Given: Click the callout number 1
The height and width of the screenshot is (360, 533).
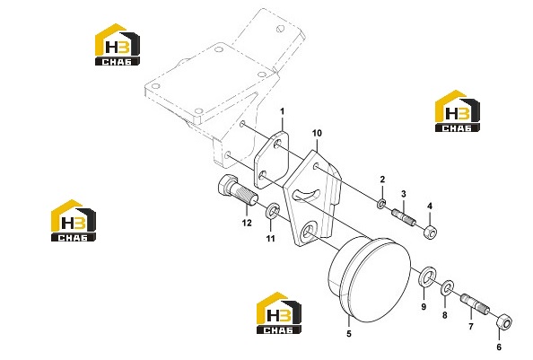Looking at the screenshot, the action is click(x=282, y=111).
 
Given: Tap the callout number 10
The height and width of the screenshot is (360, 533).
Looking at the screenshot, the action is click(x=317, y=133).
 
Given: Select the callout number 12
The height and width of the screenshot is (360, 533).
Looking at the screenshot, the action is click(x=247, y=223).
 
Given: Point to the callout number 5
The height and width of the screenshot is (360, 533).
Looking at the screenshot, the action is click(x=349, y=334).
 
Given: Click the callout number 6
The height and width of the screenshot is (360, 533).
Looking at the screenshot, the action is click(x=499, y=347).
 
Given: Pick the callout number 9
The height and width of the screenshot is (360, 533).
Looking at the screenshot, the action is click(x=424, y=307).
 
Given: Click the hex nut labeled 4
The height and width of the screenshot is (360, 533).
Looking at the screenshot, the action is click(x=431, y=232).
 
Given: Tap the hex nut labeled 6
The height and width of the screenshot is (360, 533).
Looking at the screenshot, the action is click(x=504, y=322).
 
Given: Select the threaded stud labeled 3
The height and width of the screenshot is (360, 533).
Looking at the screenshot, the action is click(x=404, y=216).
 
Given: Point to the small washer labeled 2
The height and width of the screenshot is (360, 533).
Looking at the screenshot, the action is click(x=381, y=204).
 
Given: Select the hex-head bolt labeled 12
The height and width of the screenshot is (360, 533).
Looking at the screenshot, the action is click(x=237, y=190).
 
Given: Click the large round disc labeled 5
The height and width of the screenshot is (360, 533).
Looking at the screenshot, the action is click(x=370, y=279).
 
